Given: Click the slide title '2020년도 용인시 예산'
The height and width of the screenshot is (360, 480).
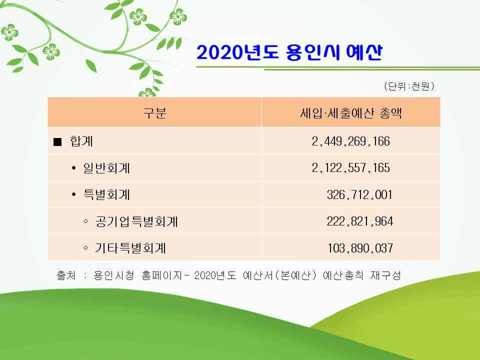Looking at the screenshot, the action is (289, 52).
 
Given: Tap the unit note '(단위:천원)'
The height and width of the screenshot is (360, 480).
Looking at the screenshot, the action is (409, 86).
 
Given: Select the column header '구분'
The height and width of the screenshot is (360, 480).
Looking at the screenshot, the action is (155, 112).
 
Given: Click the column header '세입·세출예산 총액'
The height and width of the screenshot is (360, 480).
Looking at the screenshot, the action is (351, 113).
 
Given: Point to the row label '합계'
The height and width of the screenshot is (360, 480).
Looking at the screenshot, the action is (81, 141).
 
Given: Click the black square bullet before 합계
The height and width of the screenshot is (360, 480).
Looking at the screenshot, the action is (57, 141).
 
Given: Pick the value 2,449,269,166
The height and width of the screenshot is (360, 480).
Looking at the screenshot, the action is (351, 141).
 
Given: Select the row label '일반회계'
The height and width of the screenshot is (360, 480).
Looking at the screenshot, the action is (106, 168).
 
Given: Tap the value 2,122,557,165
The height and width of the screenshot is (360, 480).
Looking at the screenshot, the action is (351, 168).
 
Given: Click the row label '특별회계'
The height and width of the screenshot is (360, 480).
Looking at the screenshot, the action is (106, 194).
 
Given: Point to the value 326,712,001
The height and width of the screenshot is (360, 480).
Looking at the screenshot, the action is (359, 194).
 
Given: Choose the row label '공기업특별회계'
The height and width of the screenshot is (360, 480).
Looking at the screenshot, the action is (136, 221).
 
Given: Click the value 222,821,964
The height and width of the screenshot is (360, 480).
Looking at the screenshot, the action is (359, 221).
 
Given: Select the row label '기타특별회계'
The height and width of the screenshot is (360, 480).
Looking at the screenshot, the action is (130, 248).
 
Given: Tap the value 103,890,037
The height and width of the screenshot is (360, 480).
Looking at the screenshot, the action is (360, 248).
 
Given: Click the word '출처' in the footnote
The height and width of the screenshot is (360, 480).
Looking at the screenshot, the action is (66, 275).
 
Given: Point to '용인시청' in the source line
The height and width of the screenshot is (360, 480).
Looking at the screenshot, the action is (114, 275).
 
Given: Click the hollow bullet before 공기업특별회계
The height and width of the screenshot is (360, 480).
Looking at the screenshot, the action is (85, 221).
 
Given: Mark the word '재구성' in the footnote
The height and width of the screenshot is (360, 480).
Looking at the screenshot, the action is (385, 275).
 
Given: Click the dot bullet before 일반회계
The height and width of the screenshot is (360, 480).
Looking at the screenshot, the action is (73, 168).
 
